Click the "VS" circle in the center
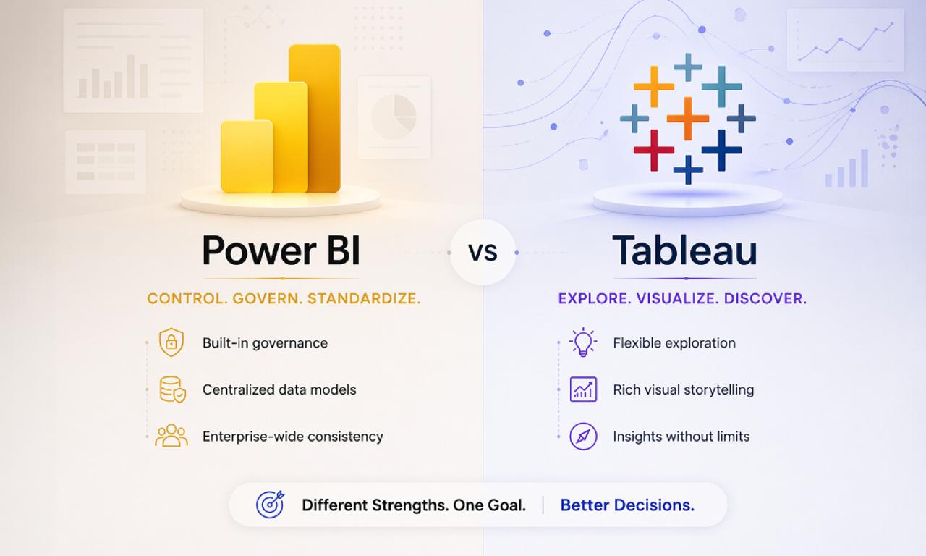coord(483,252)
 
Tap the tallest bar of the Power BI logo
coord(315,116)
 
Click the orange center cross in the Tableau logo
coord(687,118)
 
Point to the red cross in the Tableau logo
coord(653,150)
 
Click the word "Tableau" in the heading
coord(684,250)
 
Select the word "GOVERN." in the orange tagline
coord(267,298)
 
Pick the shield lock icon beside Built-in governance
coord(171,342)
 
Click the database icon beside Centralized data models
coord(172,389)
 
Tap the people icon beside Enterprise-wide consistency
coord(171,436)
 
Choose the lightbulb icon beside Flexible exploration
coord(582,342)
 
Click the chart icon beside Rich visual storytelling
coord(583,389)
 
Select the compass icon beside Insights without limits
coord(583,437)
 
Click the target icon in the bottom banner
coord(270,505)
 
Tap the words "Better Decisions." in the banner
coord(627,505)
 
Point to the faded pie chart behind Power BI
coord(394,117)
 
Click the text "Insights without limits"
coord(681,437)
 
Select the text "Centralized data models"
coord(279,389)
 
